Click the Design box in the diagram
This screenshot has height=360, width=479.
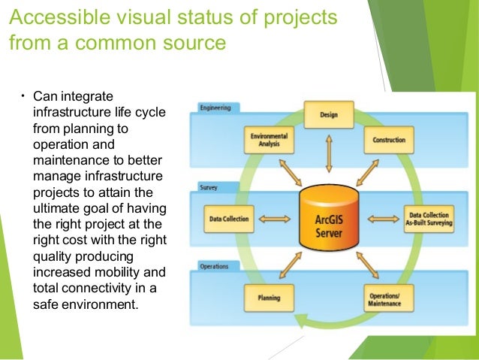[327, 114]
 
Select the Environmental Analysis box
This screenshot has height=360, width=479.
[268, 140]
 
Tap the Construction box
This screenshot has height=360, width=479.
[388, 140]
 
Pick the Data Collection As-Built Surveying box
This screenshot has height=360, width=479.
[427, 218]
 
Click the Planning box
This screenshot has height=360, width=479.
[268, 299]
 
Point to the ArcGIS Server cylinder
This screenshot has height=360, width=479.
[328, 219]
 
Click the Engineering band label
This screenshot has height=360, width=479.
[215, 108]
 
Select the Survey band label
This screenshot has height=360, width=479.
[209, 186]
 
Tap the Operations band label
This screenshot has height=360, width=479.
[214, 265]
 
